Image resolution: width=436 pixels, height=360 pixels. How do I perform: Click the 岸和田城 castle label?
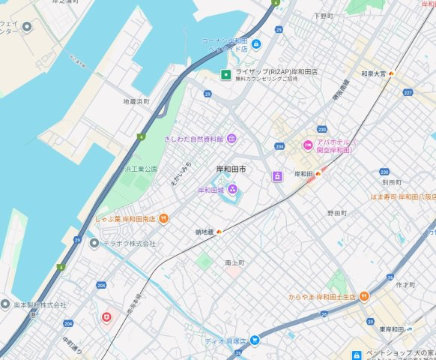[212, 190]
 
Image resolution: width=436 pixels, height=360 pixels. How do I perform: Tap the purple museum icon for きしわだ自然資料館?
[231, 138]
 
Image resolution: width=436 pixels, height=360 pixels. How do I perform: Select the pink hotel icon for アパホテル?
[307, 145]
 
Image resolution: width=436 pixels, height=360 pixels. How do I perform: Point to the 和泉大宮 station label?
[373, 73]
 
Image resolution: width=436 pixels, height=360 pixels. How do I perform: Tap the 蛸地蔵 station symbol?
[219, 232]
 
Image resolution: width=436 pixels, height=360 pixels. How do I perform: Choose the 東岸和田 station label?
[392, 329]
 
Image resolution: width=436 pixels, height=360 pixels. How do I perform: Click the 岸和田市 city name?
[231, 169]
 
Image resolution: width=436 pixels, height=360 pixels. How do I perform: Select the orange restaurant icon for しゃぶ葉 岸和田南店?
[163, 218]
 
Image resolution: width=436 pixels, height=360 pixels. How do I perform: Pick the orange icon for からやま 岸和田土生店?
[363, 296]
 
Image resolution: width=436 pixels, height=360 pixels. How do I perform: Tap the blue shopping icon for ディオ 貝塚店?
[255, 340]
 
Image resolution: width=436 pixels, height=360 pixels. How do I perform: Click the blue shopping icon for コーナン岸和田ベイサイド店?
[256, 44]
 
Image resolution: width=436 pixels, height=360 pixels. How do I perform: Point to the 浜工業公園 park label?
[141, 169]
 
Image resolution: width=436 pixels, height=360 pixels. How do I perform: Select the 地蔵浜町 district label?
[136, 100]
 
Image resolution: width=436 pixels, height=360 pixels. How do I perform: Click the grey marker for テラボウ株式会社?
[94, 243]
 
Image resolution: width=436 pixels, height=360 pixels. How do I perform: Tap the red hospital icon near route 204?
[106, 317]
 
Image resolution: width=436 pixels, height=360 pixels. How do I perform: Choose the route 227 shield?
[408, 92]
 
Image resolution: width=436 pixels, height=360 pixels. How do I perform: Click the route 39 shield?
[370, 321]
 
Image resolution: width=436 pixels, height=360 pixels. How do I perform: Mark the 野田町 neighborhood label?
[336, 213]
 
